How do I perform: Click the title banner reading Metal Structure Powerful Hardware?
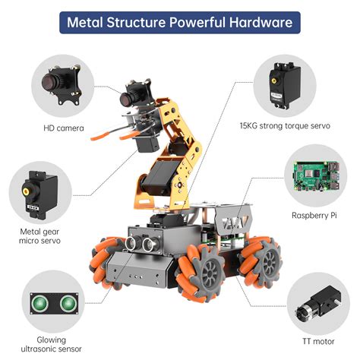179,22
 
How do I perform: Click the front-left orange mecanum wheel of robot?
108,262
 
